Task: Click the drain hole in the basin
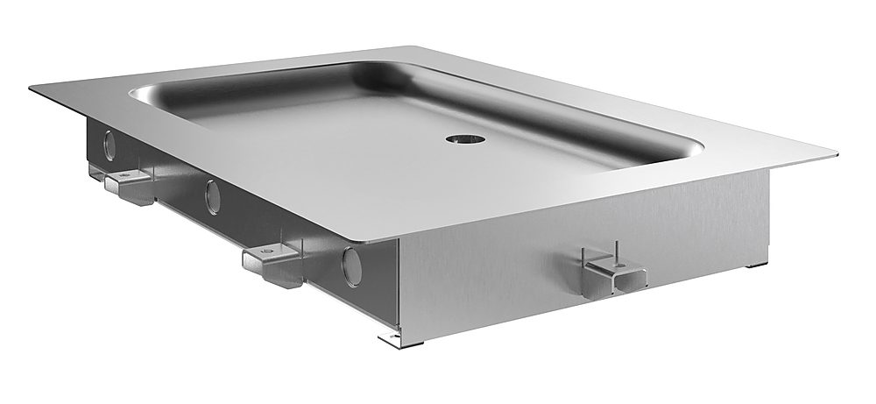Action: click(459, 138)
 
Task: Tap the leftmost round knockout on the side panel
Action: click(109, 145)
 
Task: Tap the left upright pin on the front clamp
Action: click(583, 255)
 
